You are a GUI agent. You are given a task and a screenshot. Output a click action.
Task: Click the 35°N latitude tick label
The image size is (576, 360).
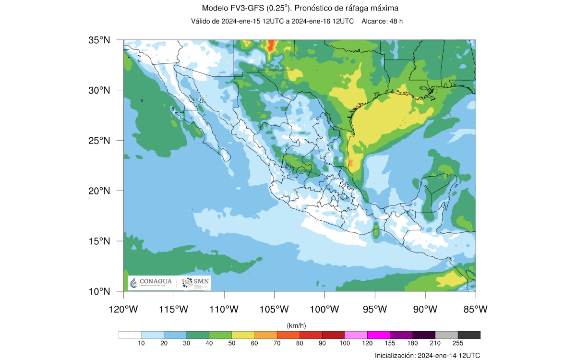pyautogui.click(x=99, y=40)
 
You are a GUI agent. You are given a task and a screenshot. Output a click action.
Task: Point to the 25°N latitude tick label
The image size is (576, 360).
pyautogui.click(x=99, y=141)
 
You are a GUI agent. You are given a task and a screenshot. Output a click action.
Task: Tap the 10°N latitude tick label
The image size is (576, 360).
pyautogui.click(x=99, y=291)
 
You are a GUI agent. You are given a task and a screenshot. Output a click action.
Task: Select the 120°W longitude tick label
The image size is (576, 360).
pyautogui.click(x=123, y=309)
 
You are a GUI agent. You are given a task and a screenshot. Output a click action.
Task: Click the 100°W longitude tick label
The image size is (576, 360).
pyautogui.click(x=324, y=309)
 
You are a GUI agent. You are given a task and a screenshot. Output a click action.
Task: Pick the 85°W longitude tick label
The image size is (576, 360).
pyautogui.click(x=475, y=309)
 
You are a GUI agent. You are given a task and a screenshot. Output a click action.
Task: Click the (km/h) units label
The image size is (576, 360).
pyautogui.click(x=300, y=325)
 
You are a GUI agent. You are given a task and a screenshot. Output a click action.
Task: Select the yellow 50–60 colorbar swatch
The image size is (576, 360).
pyautogui.click(x=243, y=335)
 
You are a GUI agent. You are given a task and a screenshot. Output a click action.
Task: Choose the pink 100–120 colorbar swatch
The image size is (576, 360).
pyautogui.click(x=356, y=335)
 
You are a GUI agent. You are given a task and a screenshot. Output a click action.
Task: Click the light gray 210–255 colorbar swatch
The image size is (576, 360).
pyautogui.click(x=446, y=335)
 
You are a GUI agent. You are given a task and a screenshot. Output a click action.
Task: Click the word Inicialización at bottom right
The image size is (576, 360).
pyautogui.click(x=396, y=355)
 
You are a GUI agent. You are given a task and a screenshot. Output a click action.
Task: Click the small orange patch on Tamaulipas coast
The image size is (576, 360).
pyautogui.click(x=351, y=163)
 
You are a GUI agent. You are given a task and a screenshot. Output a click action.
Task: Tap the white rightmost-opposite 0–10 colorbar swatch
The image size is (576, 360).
pyautogui.click(x=130, y=335)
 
